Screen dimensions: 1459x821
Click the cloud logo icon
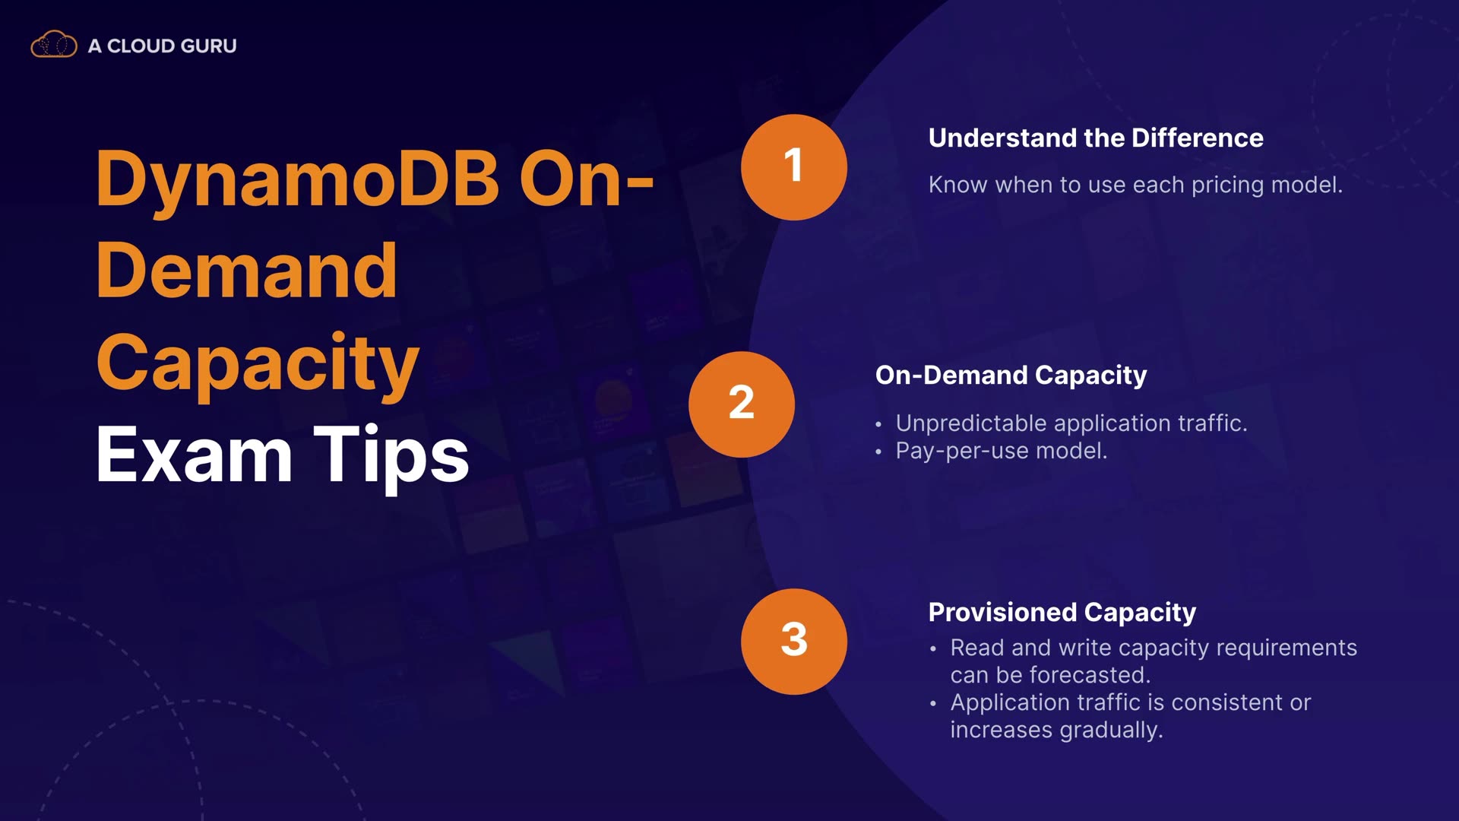point(54,45)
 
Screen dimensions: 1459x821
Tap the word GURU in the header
point(210,46)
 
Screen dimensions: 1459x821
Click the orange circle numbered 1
point(794,167)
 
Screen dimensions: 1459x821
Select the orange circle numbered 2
point(742,404)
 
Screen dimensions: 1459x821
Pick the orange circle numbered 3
point(794,642)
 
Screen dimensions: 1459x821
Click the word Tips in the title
point(391,456)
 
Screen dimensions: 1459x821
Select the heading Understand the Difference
point(1096,138)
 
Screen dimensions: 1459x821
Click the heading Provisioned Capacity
point(1062,613)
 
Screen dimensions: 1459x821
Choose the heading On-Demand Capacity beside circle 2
point(1011,376)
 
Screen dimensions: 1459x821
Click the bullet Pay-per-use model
point(1002,451)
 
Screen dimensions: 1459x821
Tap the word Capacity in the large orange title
point(258,363)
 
